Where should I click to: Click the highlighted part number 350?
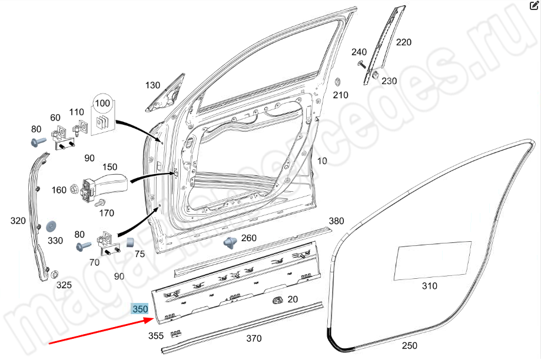coord(140,309)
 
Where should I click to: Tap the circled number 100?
coord(102,104)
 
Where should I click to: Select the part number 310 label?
coord(430,286)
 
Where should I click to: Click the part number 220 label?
coord(404,42)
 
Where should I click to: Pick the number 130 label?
coord(153,85)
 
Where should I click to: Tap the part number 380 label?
coord(336,221)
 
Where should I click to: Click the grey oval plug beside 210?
coord(338,81)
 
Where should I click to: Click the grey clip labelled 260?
coord(230,241)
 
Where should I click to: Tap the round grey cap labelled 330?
coord(51,226)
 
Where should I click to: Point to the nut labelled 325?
coord(54,274)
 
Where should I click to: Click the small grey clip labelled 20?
coord(276,301)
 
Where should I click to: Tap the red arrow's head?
coord(155,321)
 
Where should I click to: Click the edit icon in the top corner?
coord(535,6)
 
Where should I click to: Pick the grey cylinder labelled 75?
coord(132,242)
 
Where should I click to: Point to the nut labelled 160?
coord(75,189)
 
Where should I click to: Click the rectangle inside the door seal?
coord(433,259)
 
